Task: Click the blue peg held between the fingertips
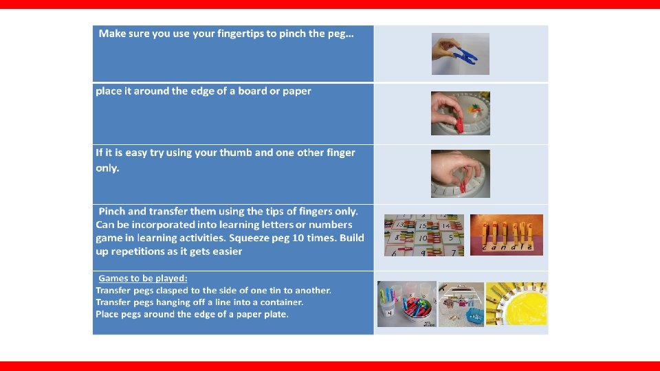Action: click(465, 56)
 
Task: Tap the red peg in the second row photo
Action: click(460, 125)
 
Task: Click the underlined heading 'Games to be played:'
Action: click(143, 278)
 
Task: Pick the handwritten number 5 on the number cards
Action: click(451, 238)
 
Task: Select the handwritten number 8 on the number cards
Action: click(397, 238)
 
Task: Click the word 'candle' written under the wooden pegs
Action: click(507, 247)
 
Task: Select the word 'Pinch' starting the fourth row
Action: click(111, 211)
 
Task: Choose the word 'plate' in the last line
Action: click(276, 314)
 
